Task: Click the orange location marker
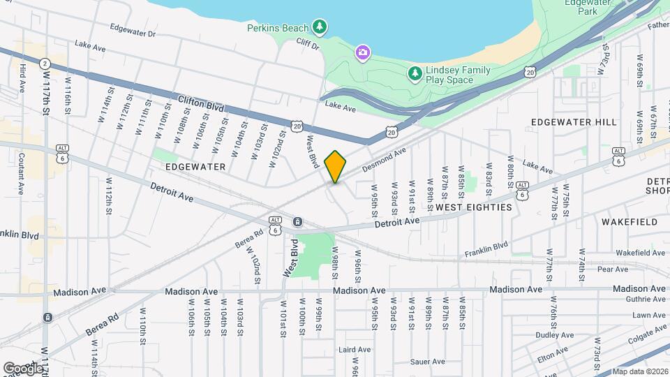pyautogui.click(x=336, y=167)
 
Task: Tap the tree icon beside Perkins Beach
pyautogui.click(x=320, y=27)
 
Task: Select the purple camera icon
pyautogui.click(x=362, y=52)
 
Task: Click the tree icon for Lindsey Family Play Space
pyautogui.click(x=415, y=72)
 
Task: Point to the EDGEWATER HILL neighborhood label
pyautogui.click(x=574, y=122)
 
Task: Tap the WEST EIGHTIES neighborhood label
pyautogui.click(x=473, y=207)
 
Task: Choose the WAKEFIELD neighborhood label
pyautogui.click(x=630, y=222)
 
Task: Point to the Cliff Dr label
pyautogui.click(x=306, y=45)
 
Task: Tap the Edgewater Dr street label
pyautogui.click(x=133, y=31)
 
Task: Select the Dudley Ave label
pyautogui.click(x=554, y=335)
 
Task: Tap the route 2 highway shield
pyautogui.click(x=45, y=63)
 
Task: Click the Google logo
pyautogui.click(x=22, y=368)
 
